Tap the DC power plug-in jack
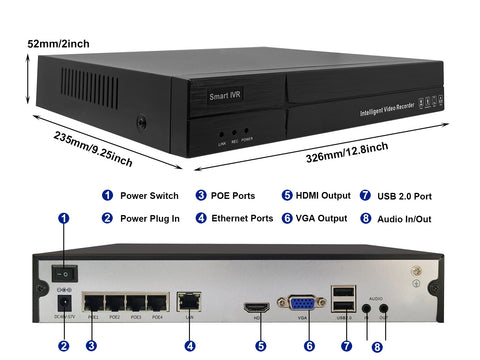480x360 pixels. (x=64, y=301)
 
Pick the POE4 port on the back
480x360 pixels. (x=156, y=301)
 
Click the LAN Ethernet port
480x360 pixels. (x=188, y=299)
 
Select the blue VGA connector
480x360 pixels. (x=300, y=303)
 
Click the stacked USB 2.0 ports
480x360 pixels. (x=345, y=298)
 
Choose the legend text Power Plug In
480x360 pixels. (x=149, y=217)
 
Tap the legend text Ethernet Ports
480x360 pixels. (x=242, y=217)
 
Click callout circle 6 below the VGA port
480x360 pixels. (x=309, y=346)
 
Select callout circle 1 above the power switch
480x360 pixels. (x=64, y=217)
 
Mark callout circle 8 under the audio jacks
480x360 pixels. (x=377, y=347)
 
